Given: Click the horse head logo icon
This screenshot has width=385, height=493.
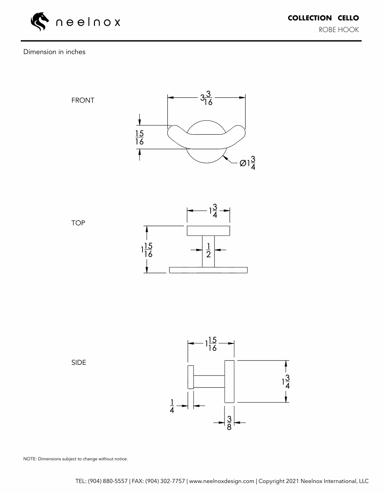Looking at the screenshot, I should pyautogui.click(x=40, y=22).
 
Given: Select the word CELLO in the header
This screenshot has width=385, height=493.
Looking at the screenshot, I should pyautogui.click(x=348, y=18).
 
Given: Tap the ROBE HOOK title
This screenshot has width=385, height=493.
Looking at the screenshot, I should pyautogui.click(x=338, y=30).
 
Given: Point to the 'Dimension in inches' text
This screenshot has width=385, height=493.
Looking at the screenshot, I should pyautogui.click(x=54, y=52).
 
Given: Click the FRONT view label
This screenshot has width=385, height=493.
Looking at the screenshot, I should pyautogui.click(x=83, y=100).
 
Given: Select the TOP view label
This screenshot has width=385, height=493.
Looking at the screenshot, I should pyautogui.click(x=78, y=223).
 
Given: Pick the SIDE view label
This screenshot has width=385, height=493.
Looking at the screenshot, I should pyautogui.click(x=79, y=363).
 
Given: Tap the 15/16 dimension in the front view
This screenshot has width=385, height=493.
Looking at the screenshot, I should pyautogui.click(x=139, y=137).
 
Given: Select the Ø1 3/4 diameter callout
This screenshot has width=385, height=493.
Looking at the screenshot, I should pyautogui.click(x=248, y=162).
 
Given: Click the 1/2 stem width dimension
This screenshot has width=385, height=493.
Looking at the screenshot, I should pyautogui.click(x=208, y=250).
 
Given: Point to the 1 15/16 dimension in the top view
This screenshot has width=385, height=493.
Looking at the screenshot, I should pyautogui.click(x=147, y=250).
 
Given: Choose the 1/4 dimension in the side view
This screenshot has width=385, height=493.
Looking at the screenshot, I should pyautogui.click(x=172, y=406).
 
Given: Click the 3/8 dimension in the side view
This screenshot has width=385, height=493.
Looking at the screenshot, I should pyautogui.click(x=229, y=423).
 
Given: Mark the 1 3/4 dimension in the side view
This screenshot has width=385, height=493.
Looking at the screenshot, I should pyautogui.click(x=286, y=381).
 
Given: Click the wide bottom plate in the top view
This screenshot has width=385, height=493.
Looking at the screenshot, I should pyautogui.click(x=208, y=270).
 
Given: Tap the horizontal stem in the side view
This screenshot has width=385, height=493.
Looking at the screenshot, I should pyautogui.click(x=209, y=381).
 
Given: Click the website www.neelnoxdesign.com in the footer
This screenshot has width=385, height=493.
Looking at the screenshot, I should pyautogui.click(x=221, y=481).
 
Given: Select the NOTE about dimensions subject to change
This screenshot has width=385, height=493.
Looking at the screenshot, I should pyautogui.click(x=75, y=459).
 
